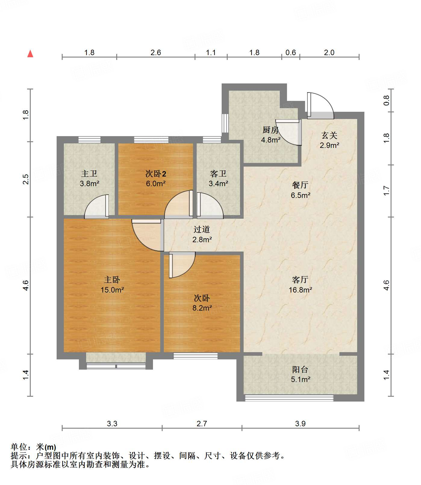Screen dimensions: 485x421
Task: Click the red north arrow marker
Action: point(30,54)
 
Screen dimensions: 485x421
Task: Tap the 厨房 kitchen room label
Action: point(270,130)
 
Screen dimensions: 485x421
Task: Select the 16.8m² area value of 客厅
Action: point(300,290)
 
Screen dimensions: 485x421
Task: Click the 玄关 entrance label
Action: point(329,135)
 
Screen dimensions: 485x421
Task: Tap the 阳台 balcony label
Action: point(300,369)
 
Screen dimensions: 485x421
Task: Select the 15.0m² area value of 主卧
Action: point(112,290)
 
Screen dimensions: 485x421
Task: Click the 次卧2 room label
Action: point(156,174)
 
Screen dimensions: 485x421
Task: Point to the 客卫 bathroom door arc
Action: point(210,207)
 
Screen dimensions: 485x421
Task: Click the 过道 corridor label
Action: point(201,230)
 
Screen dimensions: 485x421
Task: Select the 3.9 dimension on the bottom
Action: point(300,424)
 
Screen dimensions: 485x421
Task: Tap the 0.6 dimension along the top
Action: point(291,53)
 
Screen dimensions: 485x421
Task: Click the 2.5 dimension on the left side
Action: point(26,179)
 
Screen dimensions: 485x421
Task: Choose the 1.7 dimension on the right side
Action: point(386,191)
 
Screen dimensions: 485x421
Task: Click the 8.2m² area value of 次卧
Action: point(202,308)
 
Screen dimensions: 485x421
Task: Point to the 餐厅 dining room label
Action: point(300,185)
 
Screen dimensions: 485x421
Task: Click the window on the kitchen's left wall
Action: point(225,123)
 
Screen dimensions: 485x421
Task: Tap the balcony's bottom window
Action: point(289,398)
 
